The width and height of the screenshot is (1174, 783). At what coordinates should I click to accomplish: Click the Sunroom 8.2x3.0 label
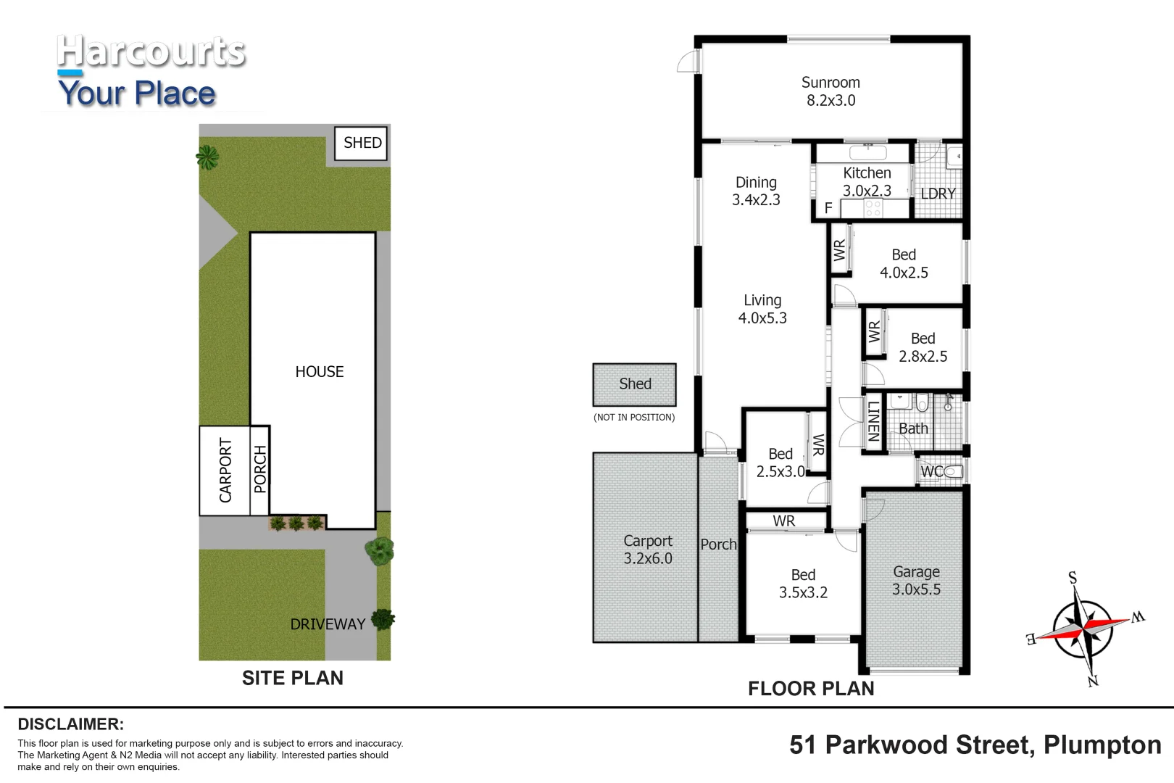click(x=830, y=91)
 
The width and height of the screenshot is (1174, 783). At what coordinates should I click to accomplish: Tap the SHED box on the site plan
click(x=361, y=143)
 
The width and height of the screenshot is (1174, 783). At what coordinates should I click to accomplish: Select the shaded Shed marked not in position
click(x=634, y=384)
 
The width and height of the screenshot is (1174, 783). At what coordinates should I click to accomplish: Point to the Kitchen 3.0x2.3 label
click(x=867, y=181)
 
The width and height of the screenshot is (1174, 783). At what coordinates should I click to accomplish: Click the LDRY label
click(x=938, y=194)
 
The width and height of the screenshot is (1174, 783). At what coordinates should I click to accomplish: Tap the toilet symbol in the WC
click(x=952, y=471)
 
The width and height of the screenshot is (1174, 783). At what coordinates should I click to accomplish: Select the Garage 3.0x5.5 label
click(x=916, y=581)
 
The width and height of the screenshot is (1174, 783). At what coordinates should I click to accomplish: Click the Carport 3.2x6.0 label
click(x=647, y=550)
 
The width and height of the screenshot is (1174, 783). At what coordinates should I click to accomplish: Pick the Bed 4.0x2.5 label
click(x=903, y=263)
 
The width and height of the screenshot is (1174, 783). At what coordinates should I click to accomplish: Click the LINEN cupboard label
click(x=873, y=421)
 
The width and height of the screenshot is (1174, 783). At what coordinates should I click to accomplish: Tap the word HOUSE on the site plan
click(x=319, y=372)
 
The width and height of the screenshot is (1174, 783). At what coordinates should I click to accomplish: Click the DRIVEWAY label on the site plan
click(x=328, y=624)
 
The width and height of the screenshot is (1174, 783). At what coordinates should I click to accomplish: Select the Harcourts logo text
click(x=151, y=52)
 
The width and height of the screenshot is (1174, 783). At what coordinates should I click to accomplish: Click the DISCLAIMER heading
click(x=70, y=724)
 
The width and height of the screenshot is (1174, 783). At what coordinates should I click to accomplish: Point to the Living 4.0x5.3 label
click(x=762, y=309)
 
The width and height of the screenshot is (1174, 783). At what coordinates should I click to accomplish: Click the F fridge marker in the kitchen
click(x=828, y=208)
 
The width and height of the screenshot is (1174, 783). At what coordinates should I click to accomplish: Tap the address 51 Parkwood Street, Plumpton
click(x=975, y=745)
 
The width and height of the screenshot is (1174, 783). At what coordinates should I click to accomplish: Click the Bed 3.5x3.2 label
click(x=803, y=584)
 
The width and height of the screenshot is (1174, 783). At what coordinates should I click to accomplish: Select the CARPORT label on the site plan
click(x=225, y=471)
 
